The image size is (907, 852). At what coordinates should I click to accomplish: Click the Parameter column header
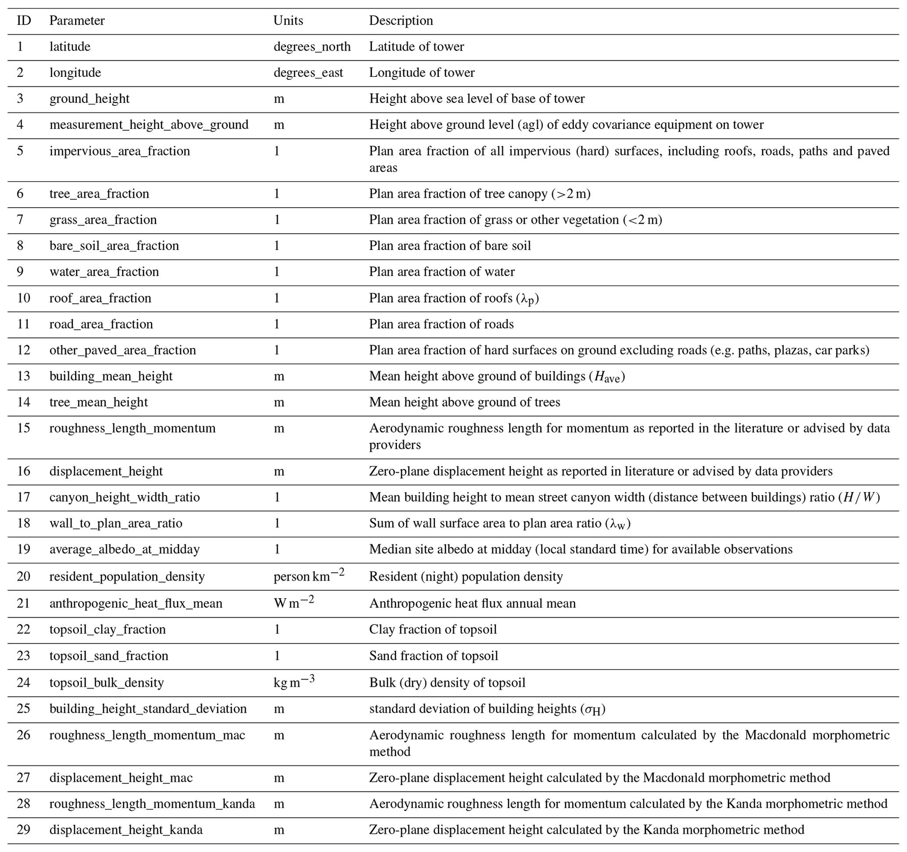pos(77,21)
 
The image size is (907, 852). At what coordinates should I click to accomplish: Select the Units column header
pos(288,21)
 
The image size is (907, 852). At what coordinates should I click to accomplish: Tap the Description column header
pos(401,21)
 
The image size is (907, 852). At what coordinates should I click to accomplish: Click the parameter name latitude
pos(70,47)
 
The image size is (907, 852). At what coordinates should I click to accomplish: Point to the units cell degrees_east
pos(308,72)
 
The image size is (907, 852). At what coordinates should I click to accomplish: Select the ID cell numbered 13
pos(23,376)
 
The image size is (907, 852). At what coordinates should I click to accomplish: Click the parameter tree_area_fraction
pos(99,194)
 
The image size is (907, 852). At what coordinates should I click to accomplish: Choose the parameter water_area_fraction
pos(104,272)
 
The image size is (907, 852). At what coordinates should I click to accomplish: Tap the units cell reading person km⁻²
pos(308,576)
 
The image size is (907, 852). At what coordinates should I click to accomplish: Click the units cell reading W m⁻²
pos(294,603)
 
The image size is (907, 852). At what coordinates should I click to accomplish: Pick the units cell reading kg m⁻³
pos(294,682)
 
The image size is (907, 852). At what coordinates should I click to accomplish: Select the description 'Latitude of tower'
pos(416,47)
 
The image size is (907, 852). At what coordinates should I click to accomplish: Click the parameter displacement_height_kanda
pos(126,829)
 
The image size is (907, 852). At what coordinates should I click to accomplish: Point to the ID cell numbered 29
pos(23,829)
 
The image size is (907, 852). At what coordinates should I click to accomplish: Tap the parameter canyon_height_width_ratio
pos(125,497)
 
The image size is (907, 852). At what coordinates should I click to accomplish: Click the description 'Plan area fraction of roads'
pos(441,324)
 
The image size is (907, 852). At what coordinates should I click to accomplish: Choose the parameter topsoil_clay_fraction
pos(107,629)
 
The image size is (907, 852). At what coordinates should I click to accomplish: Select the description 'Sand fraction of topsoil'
pos(434,656)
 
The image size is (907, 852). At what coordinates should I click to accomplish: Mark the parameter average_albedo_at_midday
pos(125,549)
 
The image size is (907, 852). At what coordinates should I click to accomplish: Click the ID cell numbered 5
pos(20,151)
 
